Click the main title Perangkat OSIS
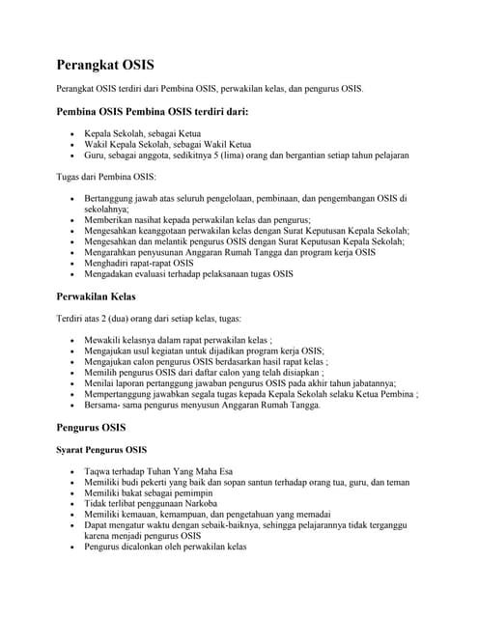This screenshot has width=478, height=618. coord(104,66)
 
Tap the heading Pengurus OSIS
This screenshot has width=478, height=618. coord(91,426)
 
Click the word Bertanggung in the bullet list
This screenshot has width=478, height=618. coord(110,198)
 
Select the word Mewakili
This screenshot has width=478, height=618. coord(103,341)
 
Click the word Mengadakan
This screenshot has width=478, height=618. coord(112,273)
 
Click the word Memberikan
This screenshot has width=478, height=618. coord(110,220)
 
